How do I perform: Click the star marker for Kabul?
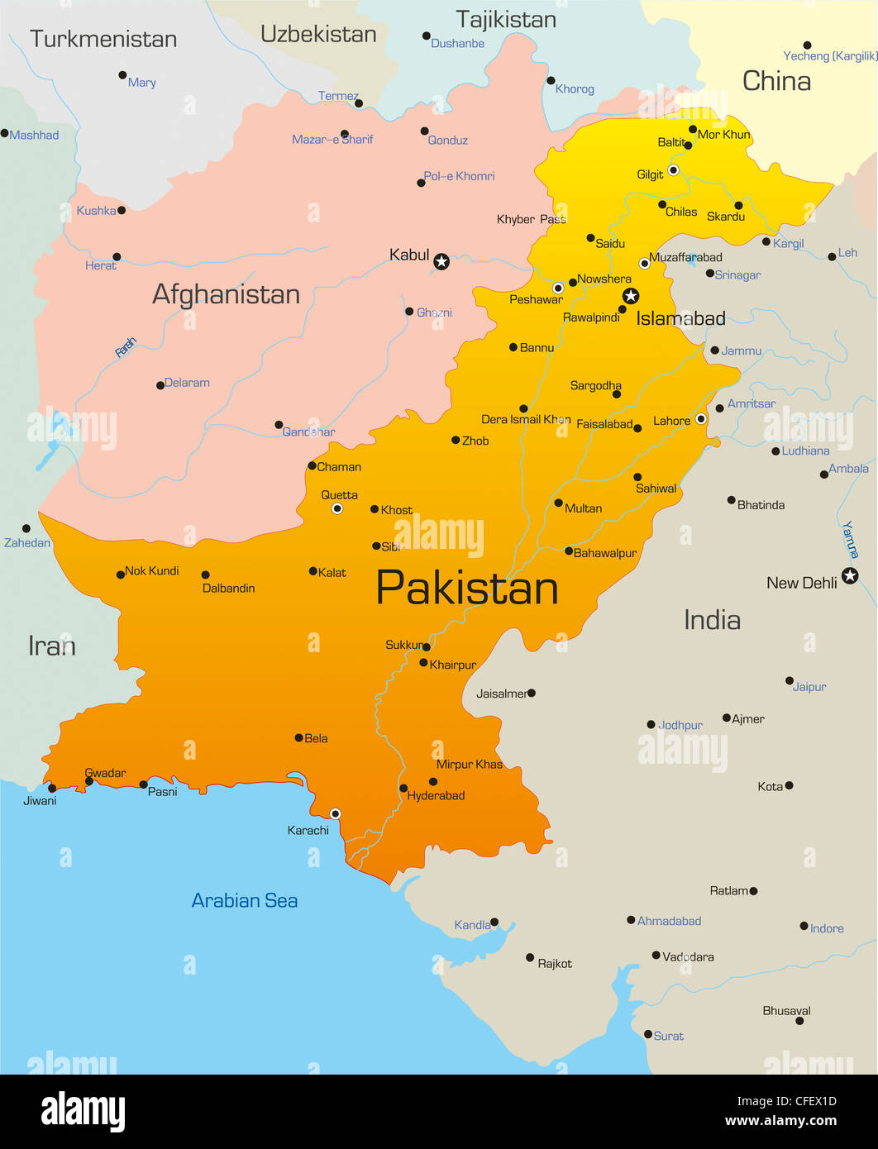pyautogui.click(x=441, y=262)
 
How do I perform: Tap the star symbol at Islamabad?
pyautogui.click(x=631, y=296)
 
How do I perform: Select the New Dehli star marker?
pyautogui.click(x=850, y=575)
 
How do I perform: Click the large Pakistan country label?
pyautogui.click(x=467, y=588)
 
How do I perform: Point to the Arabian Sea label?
pyautogui.click(x=245, y=900)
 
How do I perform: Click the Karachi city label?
pyautogui.click(x=308, y=830)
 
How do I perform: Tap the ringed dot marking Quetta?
pyautogui.click(x=337, y=508)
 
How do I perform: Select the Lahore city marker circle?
pyautogui.click(x=701, y=419)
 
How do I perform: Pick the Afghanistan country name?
pyautogui.click(x=226, y=294)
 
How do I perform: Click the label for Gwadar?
pyautogui.click(x=105, y=773)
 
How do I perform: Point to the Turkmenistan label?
pyautogui.click(x=103, y=39)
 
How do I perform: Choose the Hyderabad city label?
pyautogui.click(x=436, y=795)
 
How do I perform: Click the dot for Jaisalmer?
pyautogui.click(x=531, y=693)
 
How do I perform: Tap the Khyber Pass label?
pyautogui.click(x=532, y=219)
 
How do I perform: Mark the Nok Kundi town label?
pyautogui.click(x=151, y=570)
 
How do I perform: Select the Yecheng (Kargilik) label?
pyautogui.click(x=830, y=56)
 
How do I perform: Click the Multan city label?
pyautogui.click(x=583, y=508)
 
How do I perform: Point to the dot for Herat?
pyautogui.click(x=117, y=257)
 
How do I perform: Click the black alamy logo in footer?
pyautogui.click(x=83, y=1111)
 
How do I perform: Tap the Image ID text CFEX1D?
pyautogui.click(x=786, y=1101)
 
